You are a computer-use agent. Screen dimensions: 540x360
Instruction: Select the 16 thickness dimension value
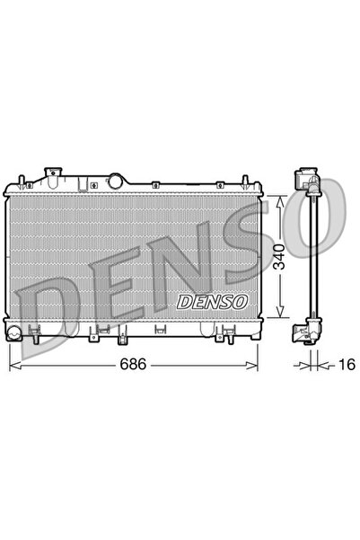tap(348, 367)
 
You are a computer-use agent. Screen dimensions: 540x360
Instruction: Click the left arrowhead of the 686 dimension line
tap(13, 367)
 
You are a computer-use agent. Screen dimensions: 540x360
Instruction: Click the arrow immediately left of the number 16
tap(324, 367)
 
